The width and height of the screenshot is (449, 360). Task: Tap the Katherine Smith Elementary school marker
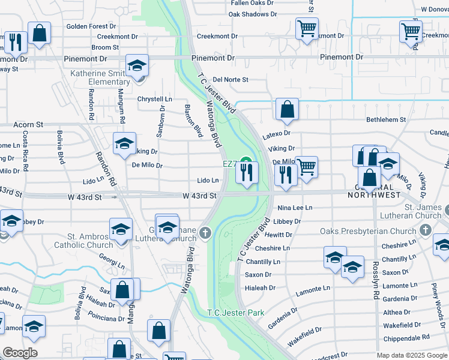137,66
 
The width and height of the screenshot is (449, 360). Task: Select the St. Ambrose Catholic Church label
83,241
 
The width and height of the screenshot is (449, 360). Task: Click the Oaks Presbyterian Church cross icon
426,230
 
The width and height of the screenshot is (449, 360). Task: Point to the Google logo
20,353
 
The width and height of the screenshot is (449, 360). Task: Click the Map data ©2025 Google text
412,355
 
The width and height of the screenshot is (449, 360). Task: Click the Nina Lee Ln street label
295,208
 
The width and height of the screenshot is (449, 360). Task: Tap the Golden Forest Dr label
91,26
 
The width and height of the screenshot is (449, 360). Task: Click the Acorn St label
29,125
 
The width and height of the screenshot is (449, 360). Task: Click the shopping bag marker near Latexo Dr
288,109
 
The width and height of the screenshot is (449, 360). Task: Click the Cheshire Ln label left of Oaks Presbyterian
272,248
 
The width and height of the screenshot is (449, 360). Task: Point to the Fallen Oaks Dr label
253,3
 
